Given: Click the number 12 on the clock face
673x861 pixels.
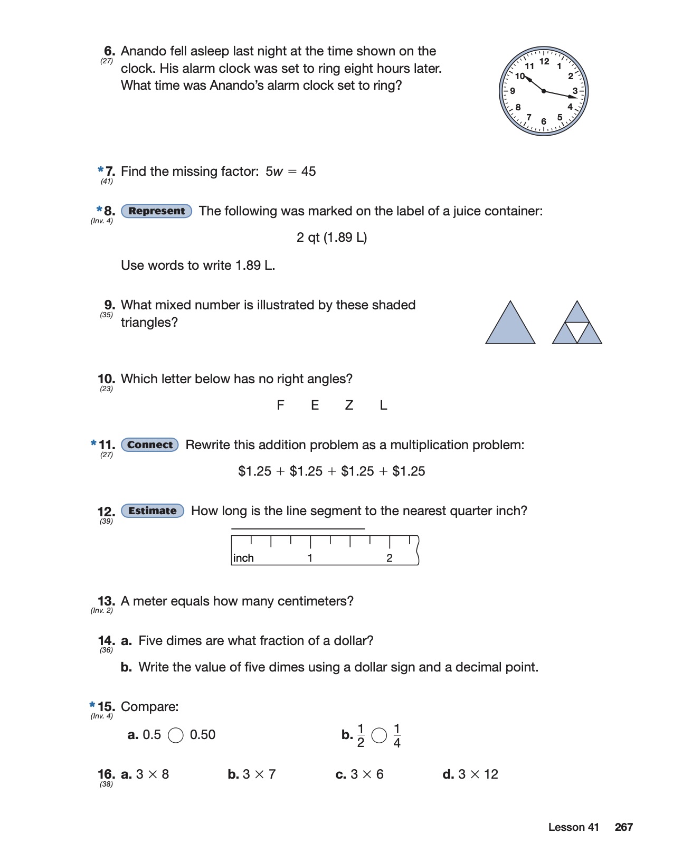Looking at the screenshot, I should click(x=544, y=61).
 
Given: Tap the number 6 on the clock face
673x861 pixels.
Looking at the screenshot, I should click(x=544, y=122).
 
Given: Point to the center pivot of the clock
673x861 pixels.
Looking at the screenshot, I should click(x=544, y=91).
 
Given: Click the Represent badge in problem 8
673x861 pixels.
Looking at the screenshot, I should click(x=156, y=211).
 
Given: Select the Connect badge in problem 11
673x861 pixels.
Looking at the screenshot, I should click(x=150, y=445).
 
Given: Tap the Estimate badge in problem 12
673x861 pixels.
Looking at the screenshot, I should click(x=153, y=511).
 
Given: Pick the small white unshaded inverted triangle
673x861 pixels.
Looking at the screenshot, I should click(x=577, y=331).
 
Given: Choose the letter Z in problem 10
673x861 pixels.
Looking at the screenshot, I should click(x=349, y=405).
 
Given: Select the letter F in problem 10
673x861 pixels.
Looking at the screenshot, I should click(x=280, y=405).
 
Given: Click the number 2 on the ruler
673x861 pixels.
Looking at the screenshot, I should click(x=390, y=558).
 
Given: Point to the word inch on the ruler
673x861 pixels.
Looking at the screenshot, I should click(x=243, y=558).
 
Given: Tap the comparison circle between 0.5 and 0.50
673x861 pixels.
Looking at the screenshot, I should click(x=176, y=735).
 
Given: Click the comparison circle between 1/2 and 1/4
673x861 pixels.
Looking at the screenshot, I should click(x=379, y=735).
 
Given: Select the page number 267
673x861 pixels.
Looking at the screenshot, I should click(x=623, y=827).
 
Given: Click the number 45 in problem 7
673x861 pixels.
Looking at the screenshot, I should click(x=308, y=172).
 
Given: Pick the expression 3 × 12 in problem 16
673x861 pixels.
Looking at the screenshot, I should click(x=478, y=774).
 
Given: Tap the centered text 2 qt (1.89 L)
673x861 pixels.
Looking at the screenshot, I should click(x=331, y=238).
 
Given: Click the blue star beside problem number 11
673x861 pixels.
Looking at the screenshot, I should click(x=93, y=443).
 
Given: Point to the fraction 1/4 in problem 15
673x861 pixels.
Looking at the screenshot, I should click(x=397, y=736).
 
